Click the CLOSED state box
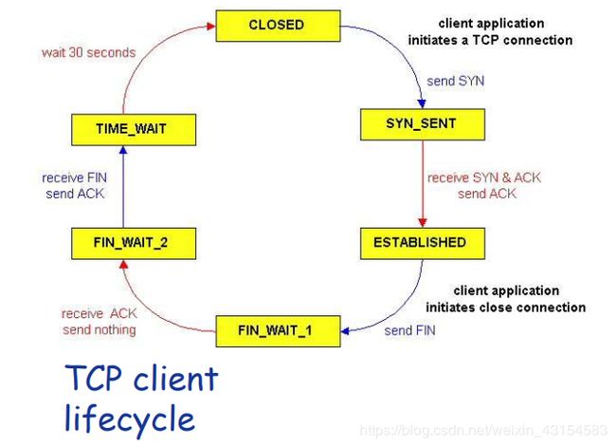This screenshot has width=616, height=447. click(x=278, y=26)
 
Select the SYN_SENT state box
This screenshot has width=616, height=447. click(x=423, y=124)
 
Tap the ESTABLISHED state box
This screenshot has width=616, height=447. click(x=423, y=244)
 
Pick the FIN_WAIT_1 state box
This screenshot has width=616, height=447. click(x=278, y=331)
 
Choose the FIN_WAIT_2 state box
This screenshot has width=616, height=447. click(x=134, y=244)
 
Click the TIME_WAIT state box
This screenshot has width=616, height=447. click(x=134, y=130)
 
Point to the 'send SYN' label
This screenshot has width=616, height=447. click(x=456, y=81)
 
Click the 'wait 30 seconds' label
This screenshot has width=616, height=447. click(x=89, y=53)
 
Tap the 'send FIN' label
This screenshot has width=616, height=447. click(x=409, y=331)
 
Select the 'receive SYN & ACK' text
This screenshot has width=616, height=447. click(x=484, y=177)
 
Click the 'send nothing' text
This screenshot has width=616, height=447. click(x=100, y=329)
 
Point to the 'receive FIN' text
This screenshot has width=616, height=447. click(x=74, y=177)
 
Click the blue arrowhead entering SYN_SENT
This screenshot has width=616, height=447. click(x=422, y=103)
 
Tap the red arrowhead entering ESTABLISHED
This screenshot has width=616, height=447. click(x=423, y=223)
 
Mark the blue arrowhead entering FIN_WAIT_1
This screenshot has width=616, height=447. click(x=345, y=331)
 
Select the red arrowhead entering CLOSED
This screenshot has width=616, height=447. click(x=211, y=27)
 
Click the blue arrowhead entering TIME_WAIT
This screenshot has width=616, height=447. click(x=123, y=150)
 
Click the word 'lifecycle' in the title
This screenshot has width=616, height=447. click(x=130, y=419)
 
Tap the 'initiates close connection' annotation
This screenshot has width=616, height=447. click(x=506, y=307)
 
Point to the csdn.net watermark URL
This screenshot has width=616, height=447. click(x=483, y=430)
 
